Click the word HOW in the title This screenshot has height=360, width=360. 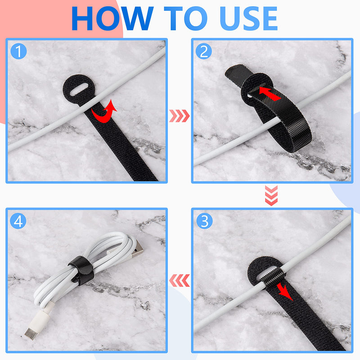coord(112,19)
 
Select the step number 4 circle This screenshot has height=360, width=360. coord(18,220)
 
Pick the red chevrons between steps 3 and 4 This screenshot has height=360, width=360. coord(179,281)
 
